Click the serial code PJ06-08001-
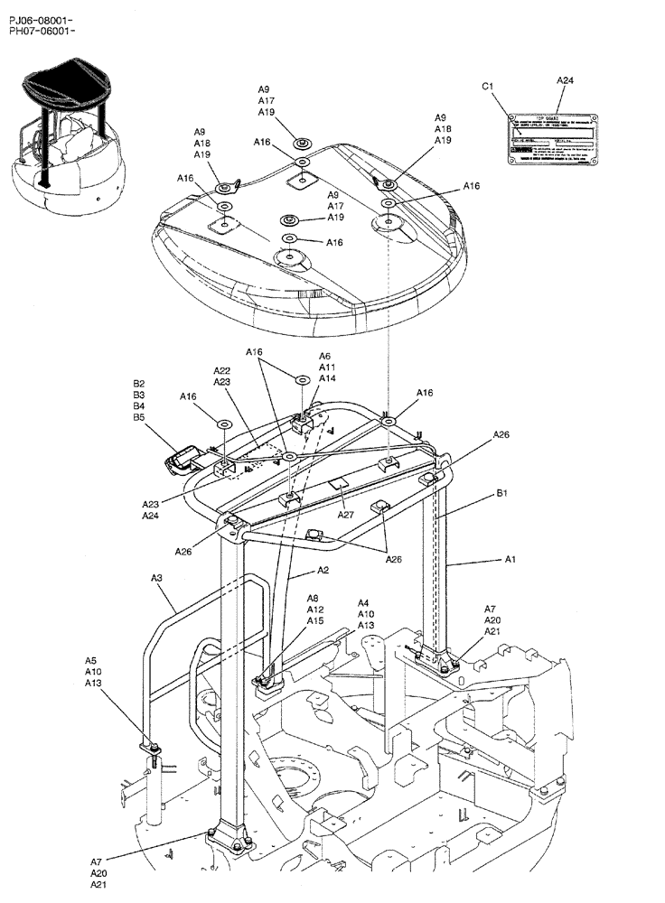pyautogui.click(x=41, y=20)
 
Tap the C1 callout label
pyautogui.click(x=488, y=86)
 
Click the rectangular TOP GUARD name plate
pyautogui.click(x=551, y=140)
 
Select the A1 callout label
pyautogui.click(x=510, y=560)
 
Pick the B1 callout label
pyautogui.click(x=501, y=494)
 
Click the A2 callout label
pyautogui.click(x=323, y=571)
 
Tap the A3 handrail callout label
pyautogui.click(x=156, y=578)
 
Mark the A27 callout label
pyautogui.click(x=346, y=515)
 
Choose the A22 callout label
pyautogui.click(x=222, y=371)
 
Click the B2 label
pyautogui.click(x=139, y=383)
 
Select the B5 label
pyautogui.click(x=139, y=417)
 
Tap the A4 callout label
pyautogui.click(x=363, y=602)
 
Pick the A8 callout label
pyautogui.click(x=313, y=598)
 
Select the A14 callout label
pyautogui.click(x=326, y=378)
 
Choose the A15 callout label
pyautogui.click(x=314, y=620)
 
